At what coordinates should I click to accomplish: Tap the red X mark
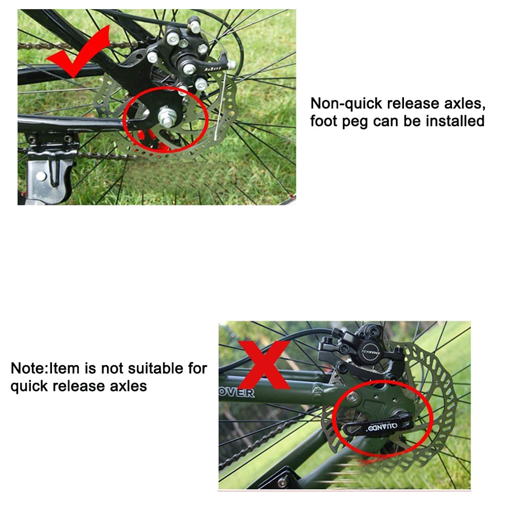tap(264, 365)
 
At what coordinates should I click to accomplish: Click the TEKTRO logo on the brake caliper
tap(371, 352)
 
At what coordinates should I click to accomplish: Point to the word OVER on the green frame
tap(237, 393)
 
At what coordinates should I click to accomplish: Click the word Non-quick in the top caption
tap(346, 104)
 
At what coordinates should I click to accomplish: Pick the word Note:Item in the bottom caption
tap(45, 368)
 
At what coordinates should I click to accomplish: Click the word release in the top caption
tap(413, 104)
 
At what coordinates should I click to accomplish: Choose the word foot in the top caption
tap(324, 121)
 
